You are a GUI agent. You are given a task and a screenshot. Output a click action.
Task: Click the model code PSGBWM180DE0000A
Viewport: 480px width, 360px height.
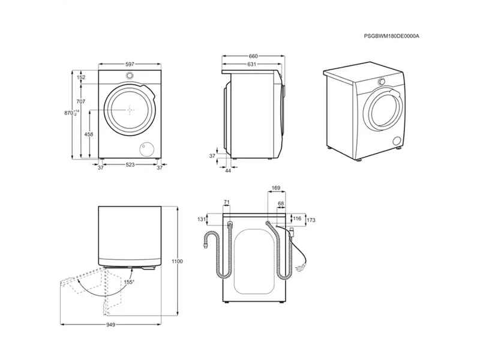[392, 37]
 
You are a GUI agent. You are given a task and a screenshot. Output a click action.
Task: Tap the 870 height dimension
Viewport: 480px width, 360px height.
[70, 113]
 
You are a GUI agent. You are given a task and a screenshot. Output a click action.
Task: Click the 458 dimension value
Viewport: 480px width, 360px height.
[89, 134]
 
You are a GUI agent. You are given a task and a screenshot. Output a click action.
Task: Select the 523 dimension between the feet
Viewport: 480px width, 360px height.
[130, 165]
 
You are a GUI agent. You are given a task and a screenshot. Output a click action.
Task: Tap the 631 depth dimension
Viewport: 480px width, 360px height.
[252, 65]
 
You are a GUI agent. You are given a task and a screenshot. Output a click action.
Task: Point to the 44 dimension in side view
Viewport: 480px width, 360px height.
[229, 171]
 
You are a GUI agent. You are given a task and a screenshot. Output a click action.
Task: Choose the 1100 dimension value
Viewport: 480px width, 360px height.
[176, 262]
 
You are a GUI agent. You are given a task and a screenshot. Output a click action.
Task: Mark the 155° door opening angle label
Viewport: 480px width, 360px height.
[129, 282]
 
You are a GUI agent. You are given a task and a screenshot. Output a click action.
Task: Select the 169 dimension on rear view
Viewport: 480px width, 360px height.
[276, 189]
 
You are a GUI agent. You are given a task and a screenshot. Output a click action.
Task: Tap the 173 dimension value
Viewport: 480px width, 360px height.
[311, 221]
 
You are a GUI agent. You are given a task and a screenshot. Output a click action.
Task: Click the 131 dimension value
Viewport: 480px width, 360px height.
[200, 219]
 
